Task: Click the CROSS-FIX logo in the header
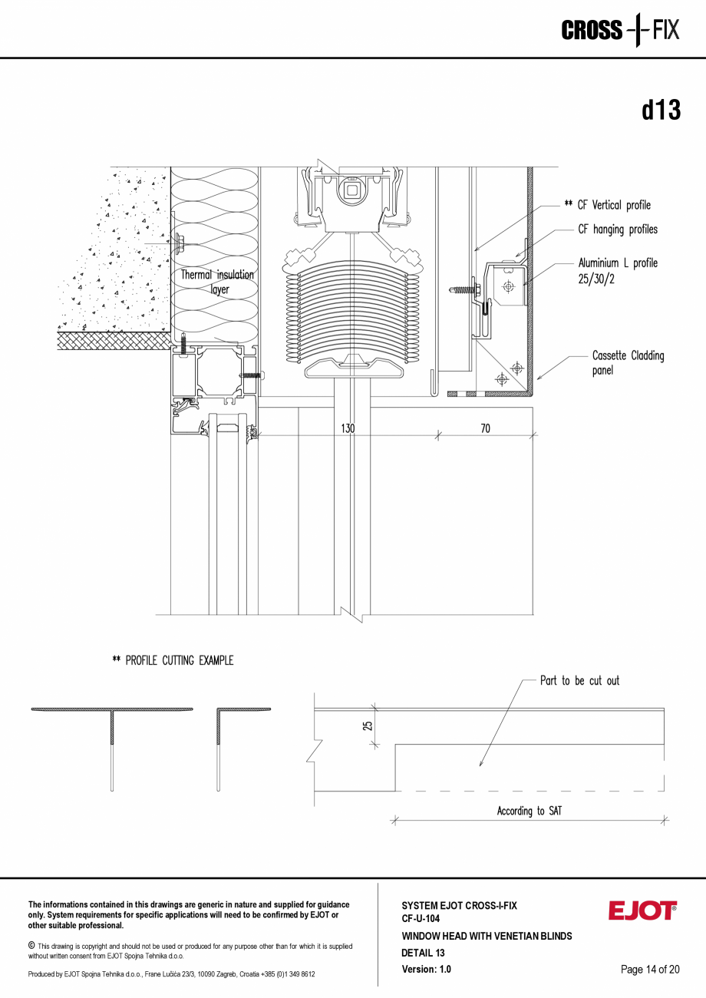(620, 31)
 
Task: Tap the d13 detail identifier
(661, 111)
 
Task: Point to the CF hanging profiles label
(617, 230)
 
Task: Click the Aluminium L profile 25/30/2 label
(617, 271)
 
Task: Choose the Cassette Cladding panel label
(628, 363)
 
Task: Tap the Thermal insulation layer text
(217, 282)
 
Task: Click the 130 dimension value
(348, 428)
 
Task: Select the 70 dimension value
(485, 428)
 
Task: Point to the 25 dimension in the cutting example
(368, 724)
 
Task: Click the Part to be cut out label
(579, 681)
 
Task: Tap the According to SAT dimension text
(529, 811)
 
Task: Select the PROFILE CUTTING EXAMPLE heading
(173, 660)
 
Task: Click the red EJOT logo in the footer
(642, 911)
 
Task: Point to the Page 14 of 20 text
(650, 970)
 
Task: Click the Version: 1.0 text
(426, 970)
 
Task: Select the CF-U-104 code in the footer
(421, 918)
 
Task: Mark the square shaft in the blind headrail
(352, 190)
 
